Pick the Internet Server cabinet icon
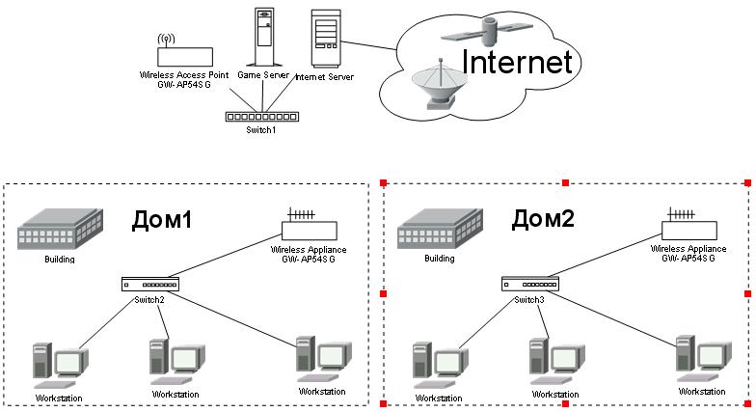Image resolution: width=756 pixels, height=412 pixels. [x=325, y=40]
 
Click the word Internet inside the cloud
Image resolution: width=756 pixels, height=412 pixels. [x=517, y=62]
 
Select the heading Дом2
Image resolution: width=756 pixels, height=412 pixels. [x=543, y=218]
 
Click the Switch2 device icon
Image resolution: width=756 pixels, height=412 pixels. [x=150, y=285]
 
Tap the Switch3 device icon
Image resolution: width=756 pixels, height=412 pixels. [x=529, y=284]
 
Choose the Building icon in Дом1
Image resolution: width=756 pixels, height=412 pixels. [x=60, y=230]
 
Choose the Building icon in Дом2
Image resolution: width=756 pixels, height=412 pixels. [x=440, y=230]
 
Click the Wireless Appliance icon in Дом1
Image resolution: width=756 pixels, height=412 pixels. [x=309, y=227]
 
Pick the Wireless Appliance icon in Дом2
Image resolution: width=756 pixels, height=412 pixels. [x=688, y=226]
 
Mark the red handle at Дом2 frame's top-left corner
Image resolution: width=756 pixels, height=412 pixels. [x=384, y=181]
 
